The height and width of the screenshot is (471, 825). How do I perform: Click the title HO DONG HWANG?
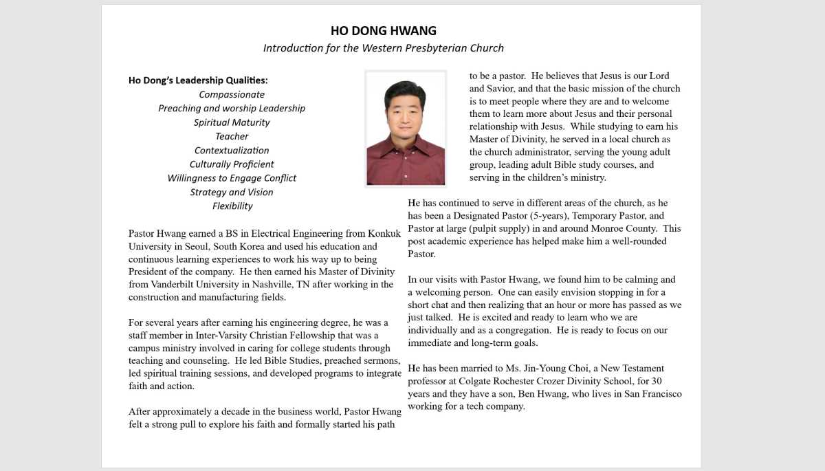[383, 31]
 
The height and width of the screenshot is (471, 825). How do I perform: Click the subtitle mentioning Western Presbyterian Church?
[383, 48]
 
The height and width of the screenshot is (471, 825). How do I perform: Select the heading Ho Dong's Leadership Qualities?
[198, 80]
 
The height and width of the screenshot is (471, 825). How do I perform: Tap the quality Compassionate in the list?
[232, 94]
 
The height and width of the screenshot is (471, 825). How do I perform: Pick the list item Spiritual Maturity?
[232, 122]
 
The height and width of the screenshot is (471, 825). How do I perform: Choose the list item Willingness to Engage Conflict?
[232, 178]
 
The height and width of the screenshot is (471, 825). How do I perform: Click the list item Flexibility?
[232, 206]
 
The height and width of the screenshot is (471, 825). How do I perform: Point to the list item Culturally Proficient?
[232, 164]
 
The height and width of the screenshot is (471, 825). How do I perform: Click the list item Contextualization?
[232, 150]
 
